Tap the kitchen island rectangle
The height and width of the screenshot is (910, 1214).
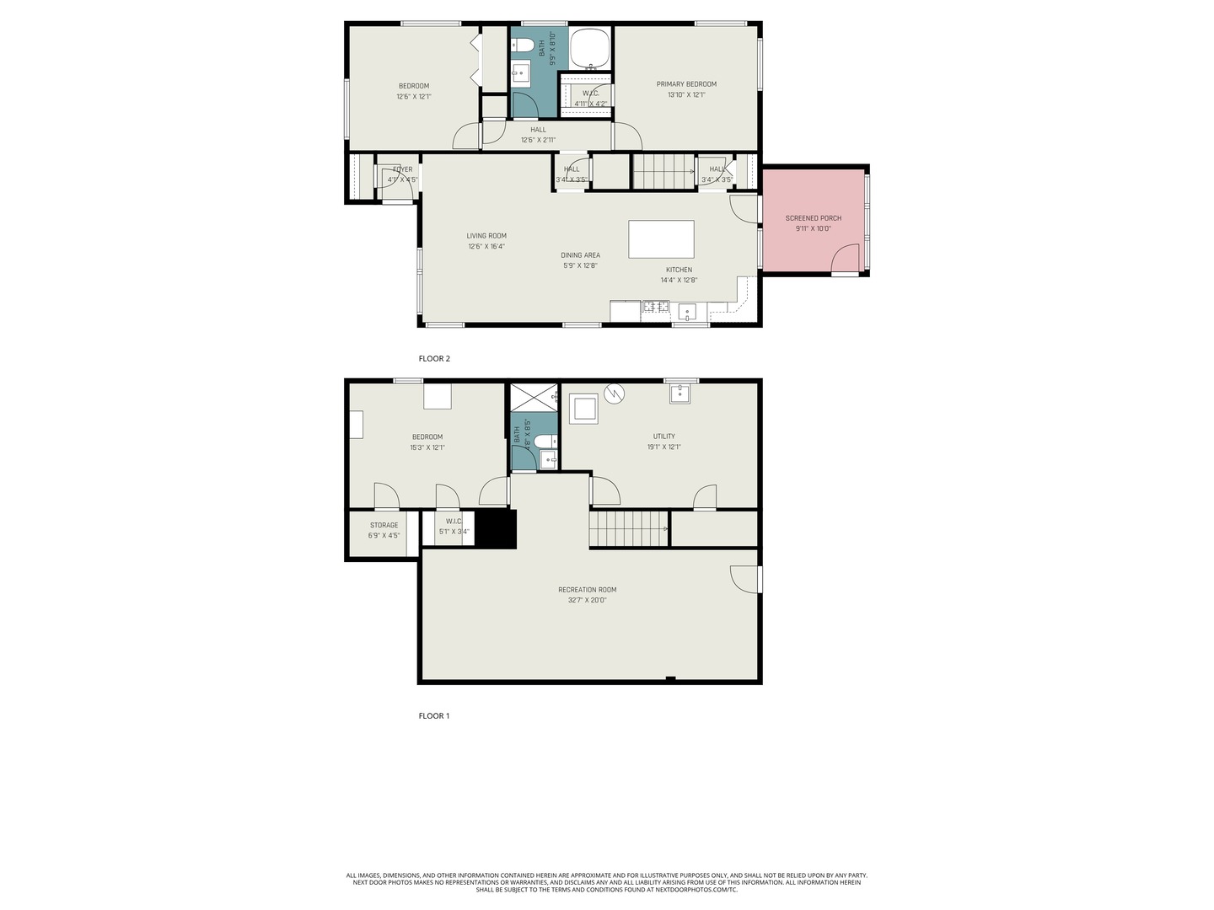[661, 238]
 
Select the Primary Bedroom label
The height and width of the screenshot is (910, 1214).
[686, 84]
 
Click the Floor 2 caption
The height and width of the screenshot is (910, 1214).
[434, 359]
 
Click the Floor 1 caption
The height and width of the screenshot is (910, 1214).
[433, 716]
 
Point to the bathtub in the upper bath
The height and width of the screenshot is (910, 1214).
[590, 48]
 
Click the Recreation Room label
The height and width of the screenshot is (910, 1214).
[587, 590]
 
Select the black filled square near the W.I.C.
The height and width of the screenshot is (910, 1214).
[496, 529]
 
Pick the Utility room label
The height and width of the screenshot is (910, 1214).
[663, 436]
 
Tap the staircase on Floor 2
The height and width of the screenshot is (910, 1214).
[663, 171]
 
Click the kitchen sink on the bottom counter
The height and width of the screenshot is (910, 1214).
[687, 312]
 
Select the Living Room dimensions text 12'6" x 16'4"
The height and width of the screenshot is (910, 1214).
[486, 247]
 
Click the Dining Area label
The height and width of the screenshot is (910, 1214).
[580, 255]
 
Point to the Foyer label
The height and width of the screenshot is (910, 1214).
[402, 169]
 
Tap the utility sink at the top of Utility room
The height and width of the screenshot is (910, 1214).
[680, 393]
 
